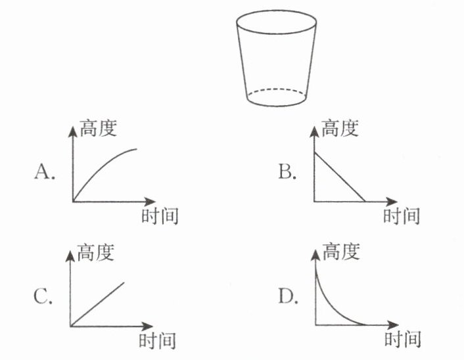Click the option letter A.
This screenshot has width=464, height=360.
43,173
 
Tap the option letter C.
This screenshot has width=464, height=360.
43,298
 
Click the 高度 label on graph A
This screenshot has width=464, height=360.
98,127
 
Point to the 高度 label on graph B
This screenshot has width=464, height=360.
340,127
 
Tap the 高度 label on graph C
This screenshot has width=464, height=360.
97,251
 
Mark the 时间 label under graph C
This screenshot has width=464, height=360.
158,340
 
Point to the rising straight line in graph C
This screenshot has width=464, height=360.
99,304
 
